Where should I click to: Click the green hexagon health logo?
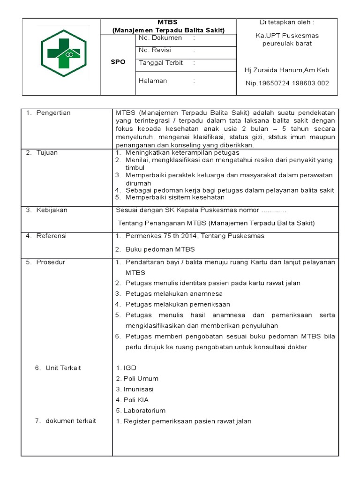tap(63, 55)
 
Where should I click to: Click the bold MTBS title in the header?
tap(169, 22)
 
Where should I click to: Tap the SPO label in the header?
tap(118, 62)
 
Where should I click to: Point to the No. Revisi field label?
tap(155, 50)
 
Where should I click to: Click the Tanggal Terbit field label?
tap(161, 63)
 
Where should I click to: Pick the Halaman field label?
tap(153, 81)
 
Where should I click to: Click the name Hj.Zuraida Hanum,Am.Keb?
tap(287, 70)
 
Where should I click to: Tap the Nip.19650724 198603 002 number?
tap(287, 83)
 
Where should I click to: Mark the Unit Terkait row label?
tap(63, 368)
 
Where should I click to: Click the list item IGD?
tap(130, 368)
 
